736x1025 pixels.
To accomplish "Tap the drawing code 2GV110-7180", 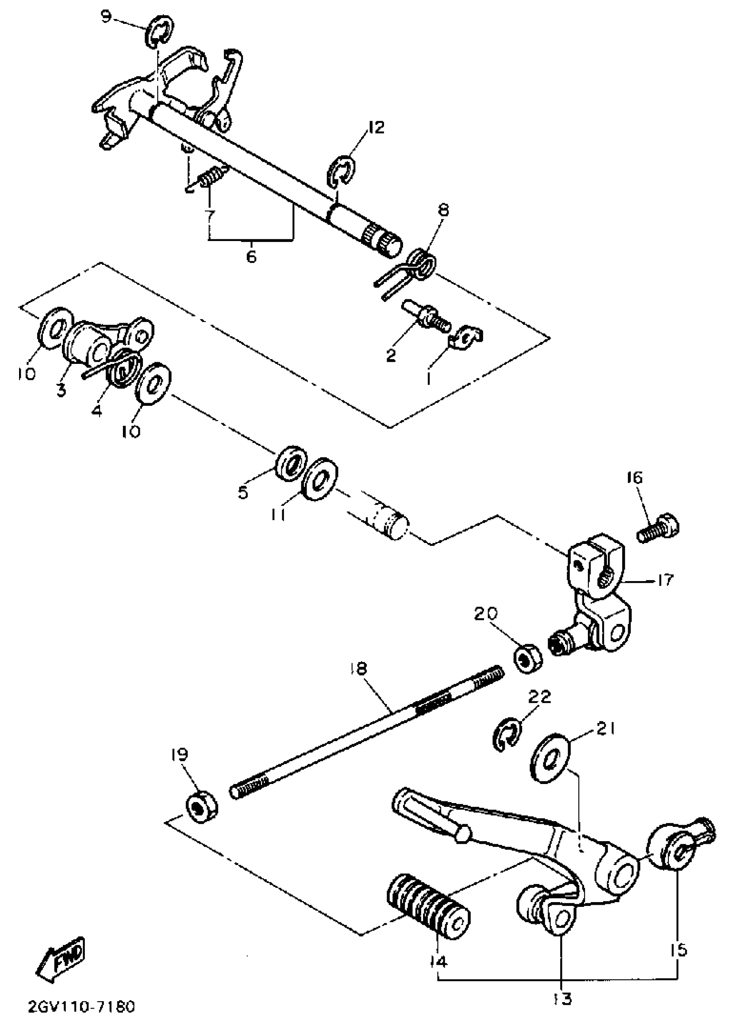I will click(x=81, y=1006).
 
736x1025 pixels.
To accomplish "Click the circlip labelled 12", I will click(x=340, y=170).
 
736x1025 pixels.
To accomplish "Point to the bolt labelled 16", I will click(x=658, y=528).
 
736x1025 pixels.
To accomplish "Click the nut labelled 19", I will click(x=201, y=808).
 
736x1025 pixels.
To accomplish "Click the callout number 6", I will click(x=252, y=256).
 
